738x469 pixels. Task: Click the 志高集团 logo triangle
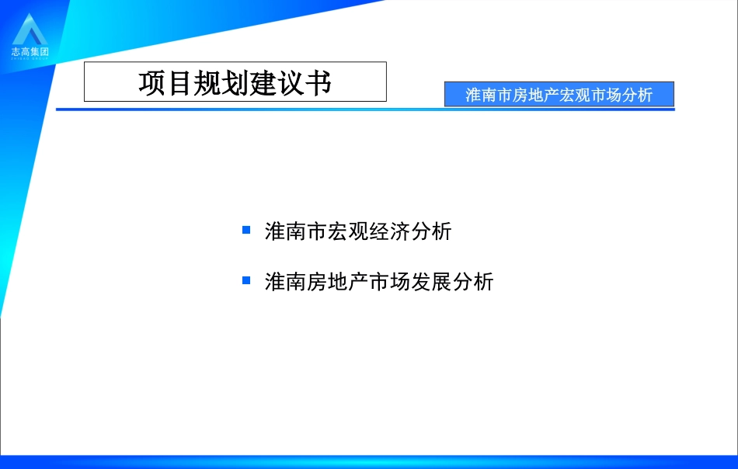[x=30, y=30]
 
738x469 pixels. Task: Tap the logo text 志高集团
[x=30, y=51]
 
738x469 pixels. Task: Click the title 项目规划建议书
[x=235, y=82]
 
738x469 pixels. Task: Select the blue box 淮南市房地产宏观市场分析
[x=559, y=95]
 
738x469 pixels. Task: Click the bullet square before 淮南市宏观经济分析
[x=246, y=230]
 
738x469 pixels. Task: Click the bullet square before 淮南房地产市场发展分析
[x=246, y=280]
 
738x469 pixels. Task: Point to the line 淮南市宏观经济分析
[x=357, y=231]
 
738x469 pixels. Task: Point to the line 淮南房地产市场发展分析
[x=378, y=281]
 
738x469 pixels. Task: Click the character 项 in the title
[x=152, y=83]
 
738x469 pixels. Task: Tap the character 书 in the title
[x=318, y=83]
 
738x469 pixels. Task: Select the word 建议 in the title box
[x=276, y=83]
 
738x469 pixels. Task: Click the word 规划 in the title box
[x=207, y=83]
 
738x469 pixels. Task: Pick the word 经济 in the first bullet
[x=395, y=231]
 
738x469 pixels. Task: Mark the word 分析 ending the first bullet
[x=432, y=231]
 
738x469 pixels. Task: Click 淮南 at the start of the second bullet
[x=283, y=281]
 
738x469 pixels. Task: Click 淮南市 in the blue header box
[x=489, y=95]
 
